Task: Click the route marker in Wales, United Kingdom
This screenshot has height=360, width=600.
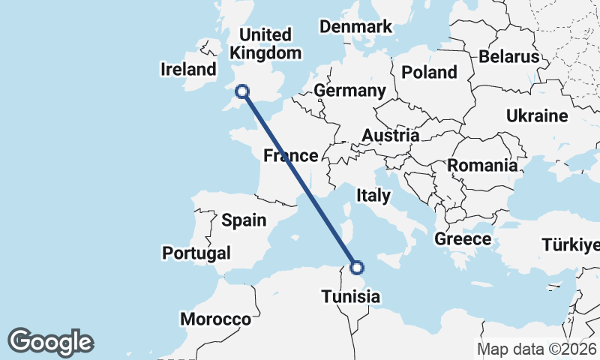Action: coord(241,91)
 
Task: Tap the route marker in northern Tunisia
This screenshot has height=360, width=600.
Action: coord(357,267)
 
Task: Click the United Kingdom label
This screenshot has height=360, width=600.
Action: coord(265,44)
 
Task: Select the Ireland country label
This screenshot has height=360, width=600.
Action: coord(188,70)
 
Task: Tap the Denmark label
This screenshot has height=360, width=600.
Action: coord(355,27)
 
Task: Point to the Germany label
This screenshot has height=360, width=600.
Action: coord(349,91)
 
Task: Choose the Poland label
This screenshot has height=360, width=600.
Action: coord(429,72)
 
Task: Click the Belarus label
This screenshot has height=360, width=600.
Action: coord(509,56)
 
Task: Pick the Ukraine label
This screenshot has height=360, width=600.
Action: coord(537,115)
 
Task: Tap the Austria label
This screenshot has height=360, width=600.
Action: coord(390,136)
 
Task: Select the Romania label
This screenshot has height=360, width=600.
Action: coord(482,165)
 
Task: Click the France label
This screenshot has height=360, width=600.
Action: coord(290,156)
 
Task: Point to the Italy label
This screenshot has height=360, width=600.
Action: coord(373,196)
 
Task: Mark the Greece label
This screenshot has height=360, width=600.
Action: coord(463,239)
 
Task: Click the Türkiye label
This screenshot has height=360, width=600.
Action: coord(571,245)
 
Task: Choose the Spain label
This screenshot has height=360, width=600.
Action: coord(244,220)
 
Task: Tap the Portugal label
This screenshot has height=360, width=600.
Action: coord(196,253)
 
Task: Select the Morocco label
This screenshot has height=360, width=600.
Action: coord(215,319)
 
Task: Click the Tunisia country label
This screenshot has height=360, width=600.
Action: coord(350,297)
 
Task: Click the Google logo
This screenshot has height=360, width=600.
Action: coord(50,342)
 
